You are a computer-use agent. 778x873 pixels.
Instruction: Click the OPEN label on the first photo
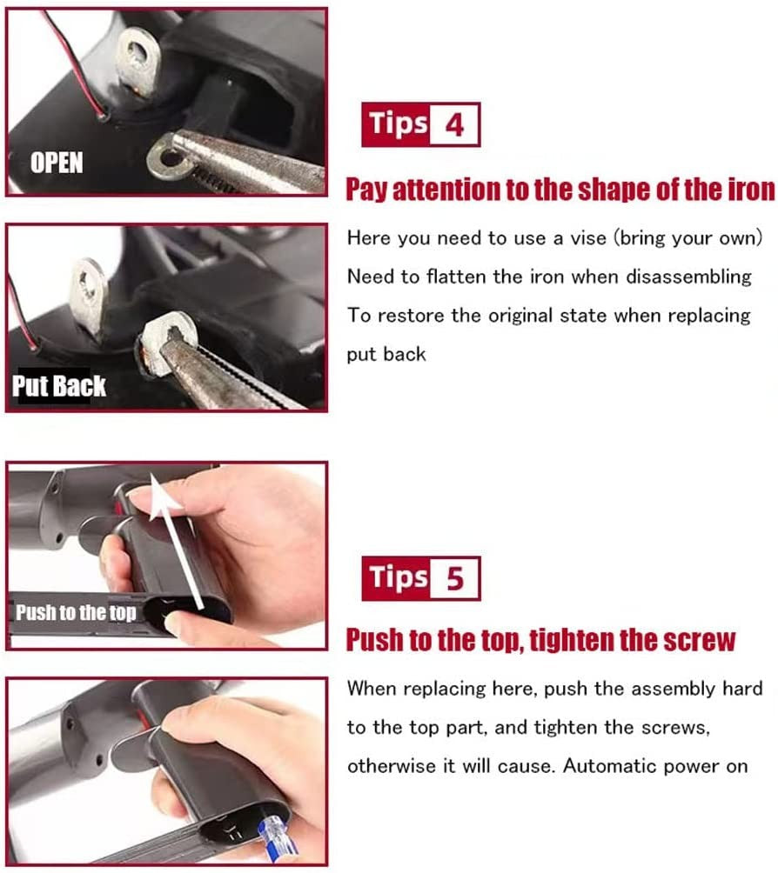pyautogui.click(x=57, y=163)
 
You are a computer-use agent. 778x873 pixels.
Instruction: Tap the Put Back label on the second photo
pyautogui.click(x=59, y=385)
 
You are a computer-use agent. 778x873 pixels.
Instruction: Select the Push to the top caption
pyautogui.click(x=76, y=612)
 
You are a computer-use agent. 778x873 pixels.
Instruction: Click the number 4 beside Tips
pyautogui.click(x=454, y=124)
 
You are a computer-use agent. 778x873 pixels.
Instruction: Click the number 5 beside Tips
pyautogui.click(x=454, y=578)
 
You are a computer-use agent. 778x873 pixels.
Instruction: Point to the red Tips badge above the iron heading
pyautogui.click(x=399, y=124)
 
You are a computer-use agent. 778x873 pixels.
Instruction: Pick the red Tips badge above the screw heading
pyautogui.click(x=399, y=578)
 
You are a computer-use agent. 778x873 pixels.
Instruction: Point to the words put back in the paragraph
pyautogui.click(x=386, y=354)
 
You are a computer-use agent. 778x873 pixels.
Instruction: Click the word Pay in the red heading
pyautogui.click(x=366, y=190)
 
